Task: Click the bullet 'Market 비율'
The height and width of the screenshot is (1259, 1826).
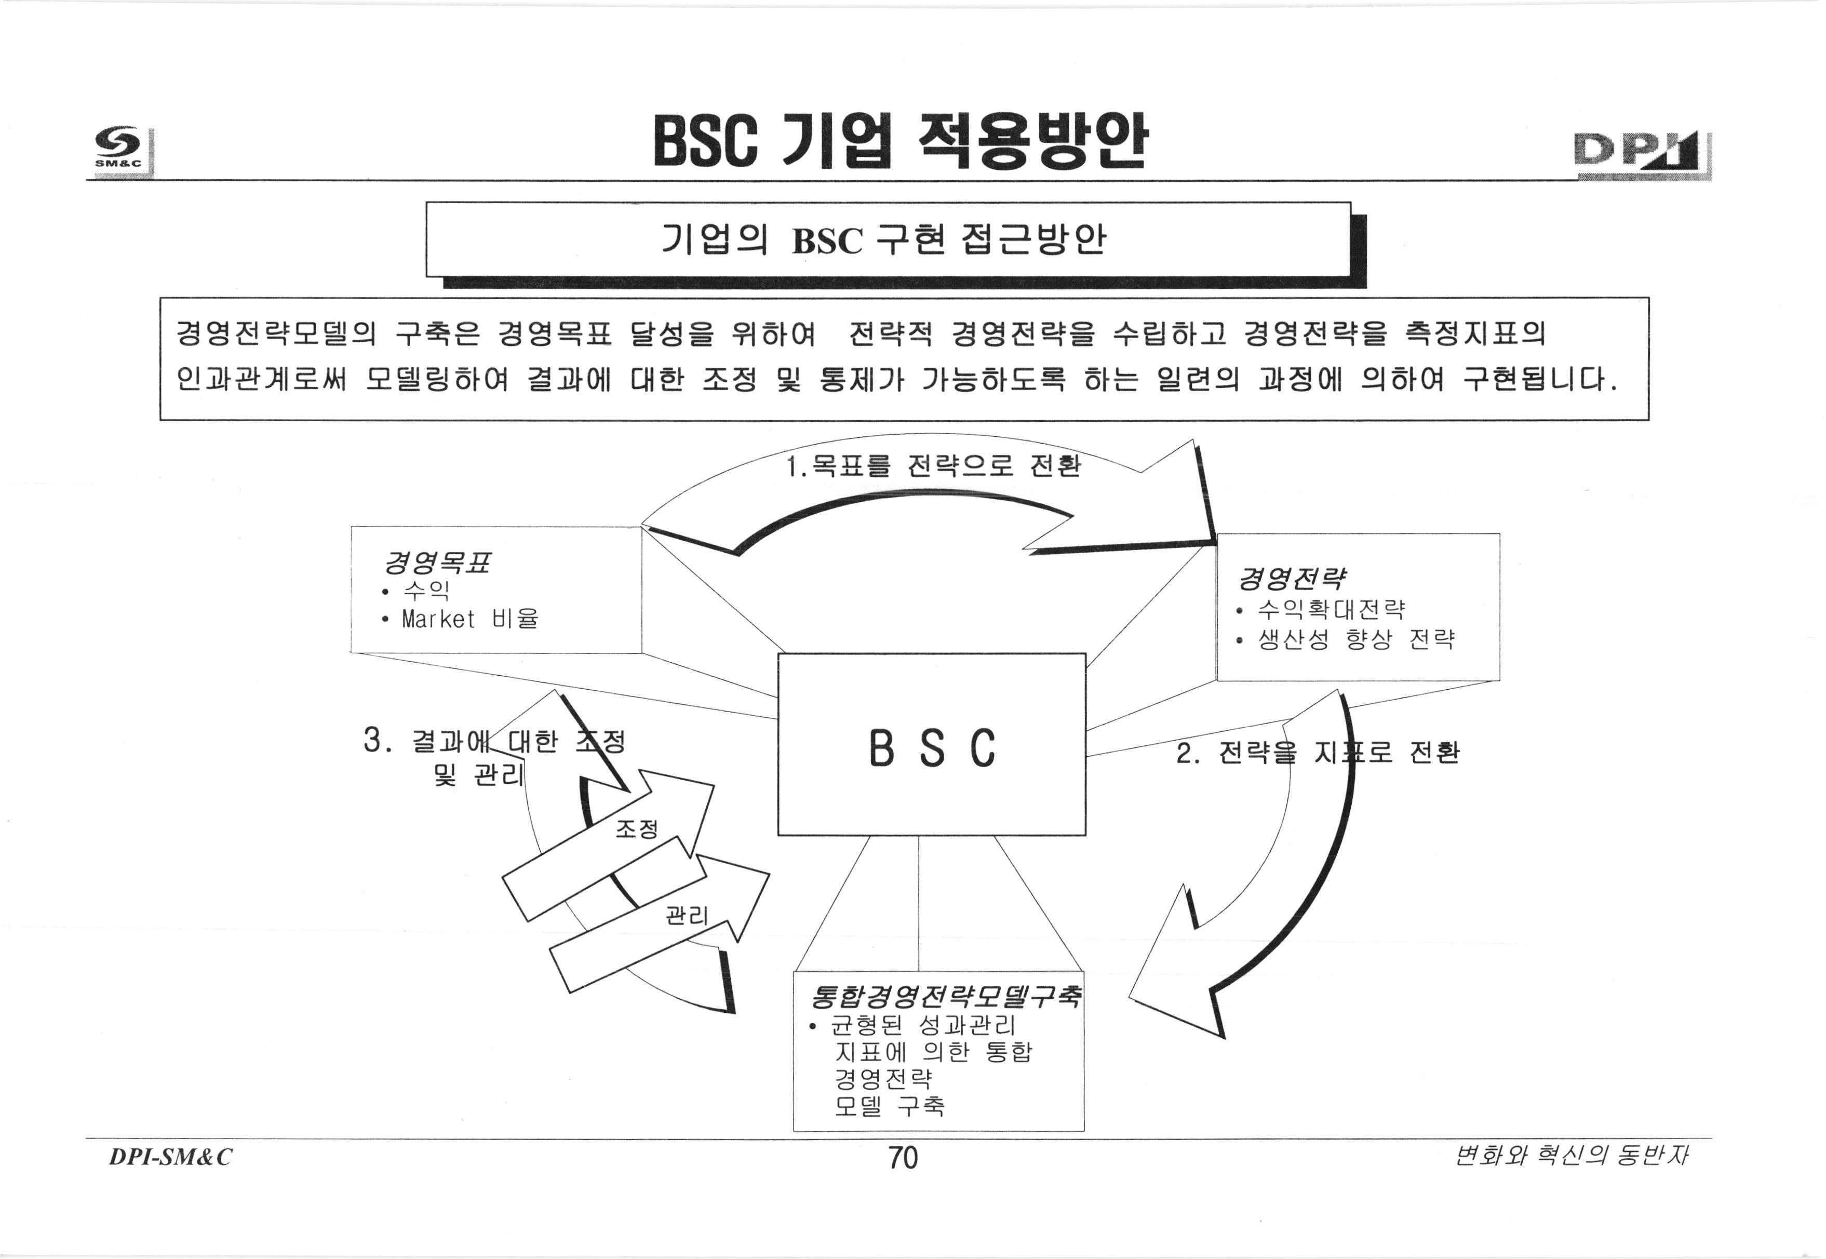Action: coord(470,619)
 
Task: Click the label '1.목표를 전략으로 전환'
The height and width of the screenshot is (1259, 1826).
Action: coord(933,467)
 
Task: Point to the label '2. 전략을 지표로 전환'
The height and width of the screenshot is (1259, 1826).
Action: coord(1317,753)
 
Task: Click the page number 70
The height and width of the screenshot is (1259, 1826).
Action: coord(903,1158)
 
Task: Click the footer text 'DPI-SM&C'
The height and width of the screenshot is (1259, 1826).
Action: coord(170,1157)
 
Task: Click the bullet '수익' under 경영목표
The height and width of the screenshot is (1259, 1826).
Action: coord(426,590)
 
